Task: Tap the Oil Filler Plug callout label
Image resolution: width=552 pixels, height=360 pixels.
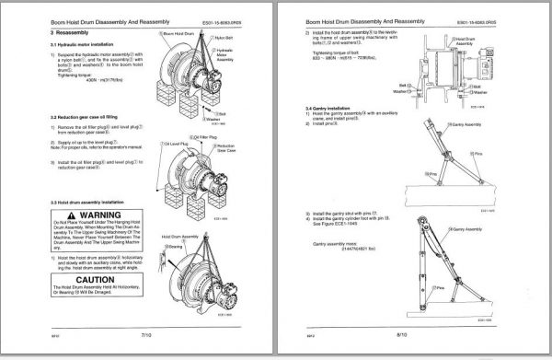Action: click(x=201, y=135)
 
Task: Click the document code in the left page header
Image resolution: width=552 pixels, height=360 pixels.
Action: click(x=234, y=16)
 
